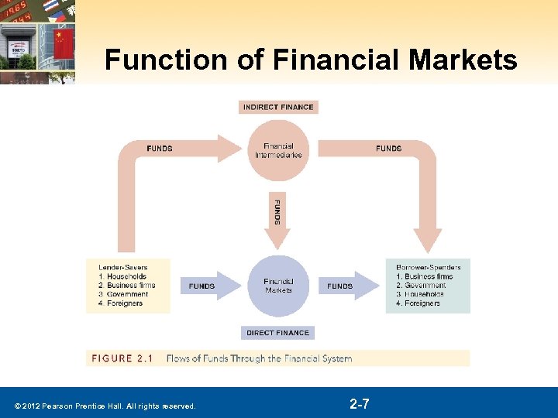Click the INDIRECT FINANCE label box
tap(278, 107)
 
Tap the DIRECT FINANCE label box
tap(277, 333)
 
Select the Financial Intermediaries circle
tap(278, 150)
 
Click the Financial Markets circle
tap(278, 286)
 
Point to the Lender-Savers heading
tap(122, 267)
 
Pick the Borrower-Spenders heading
tap(428, 267)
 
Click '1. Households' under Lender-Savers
tap(122, 276)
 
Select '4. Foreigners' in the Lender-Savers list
tap(121, 303)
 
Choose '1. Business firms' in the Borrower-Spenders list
tap(424, 276)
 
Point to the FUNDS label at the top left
tap(160, 149)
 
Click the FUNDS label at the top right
tap(388, 149)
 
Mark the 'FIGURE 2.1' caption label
tap(122, 358)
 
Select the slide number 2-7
tap(359, 404)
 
